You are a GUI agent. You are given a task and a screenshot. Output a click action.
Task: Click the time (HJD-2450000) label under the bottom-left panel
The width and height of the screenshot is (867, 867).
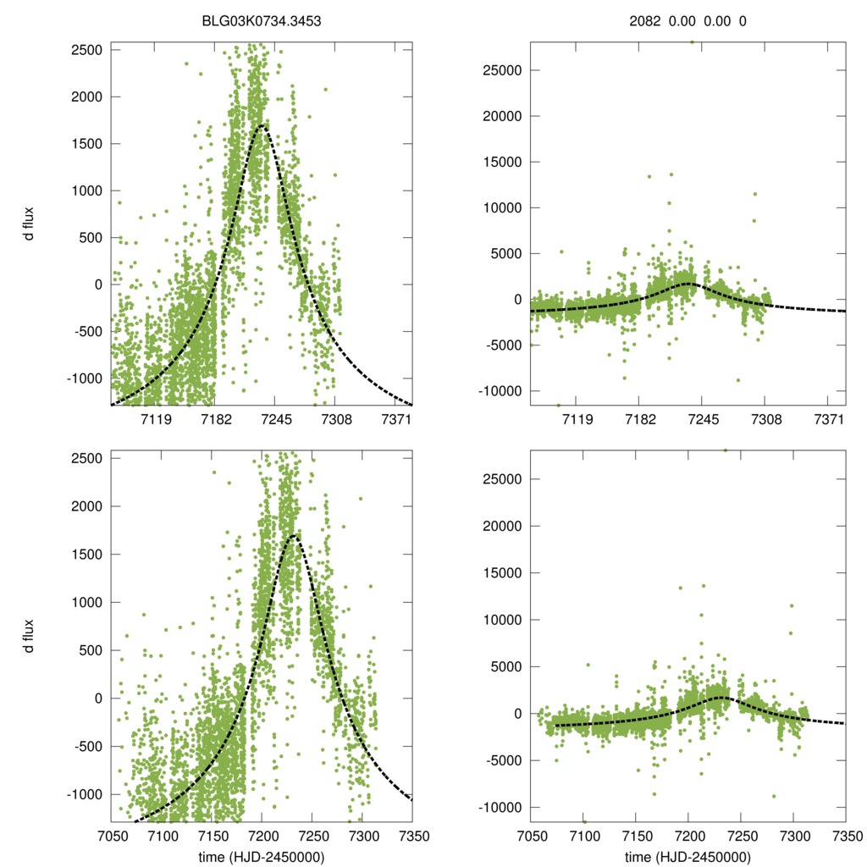262,857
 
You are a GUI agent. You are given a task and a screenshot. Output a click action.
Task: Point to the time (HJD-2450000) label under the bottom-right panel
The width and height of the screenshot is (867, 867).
688,857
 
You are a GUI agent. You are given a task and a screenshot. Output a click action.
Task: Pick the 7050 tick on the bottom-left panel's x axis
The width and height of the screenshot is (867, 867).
111,837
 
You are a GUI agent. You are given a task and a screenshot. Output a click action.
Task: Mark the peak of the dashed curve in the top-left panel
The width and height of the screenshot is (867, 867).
262,125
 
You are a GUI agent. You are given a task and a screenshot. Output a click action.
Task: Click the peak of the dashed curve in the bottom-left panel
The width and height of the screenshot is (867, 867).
293,535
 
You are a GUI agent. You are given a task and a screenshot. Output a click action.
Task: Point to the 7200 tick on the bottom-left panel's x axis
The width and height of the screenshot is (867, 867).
262,837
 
